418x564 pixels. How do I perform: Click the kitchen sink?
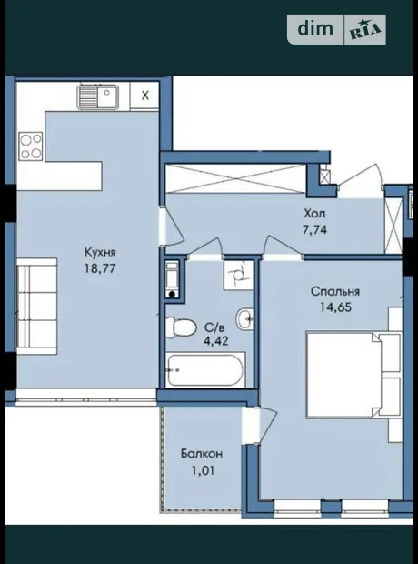tap(98, 96)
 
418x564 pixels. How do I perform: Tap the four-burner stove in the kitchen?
tap(31, 146)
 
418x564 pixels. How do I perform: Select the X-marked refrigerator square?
tap(144, 96)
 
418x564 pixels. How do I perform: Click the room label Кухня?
tap(100, 252)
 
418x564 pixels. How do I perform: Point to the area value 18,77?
tap(100, 268)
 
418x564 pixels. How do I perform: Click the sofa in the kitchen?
tap(36, 306)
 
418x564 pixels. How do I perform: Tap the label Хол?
tap(314, 214)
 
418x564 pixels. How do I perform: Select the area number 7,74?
tap(314, 230)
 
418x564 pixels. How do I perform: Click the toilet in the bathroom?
tap(181, 327)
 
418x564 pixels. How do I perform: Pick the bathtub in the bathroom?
tap(205, 370)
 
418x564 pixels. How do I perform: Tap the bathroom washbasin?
tap(244, 318)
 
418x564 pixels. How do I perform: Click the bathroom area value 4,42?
tap(215, 340)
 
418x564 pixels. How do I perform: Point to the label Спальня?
tap(335, 291)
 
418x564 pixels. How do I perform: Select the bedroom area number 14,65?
tap(335, 307)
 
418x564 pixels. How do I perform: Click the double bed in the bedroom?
tap(353, 375)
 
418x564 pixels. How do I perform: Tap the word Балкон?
tap(202, 454)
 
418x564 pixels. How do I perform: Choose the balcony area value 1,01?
tap(203, 470)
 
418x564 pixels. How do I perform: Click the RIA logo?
tap(365, 29)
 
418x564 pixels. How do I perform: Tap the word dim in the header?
tap(315, 28)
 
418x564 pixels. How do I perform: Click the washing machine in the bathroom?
tap(172, 279)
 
